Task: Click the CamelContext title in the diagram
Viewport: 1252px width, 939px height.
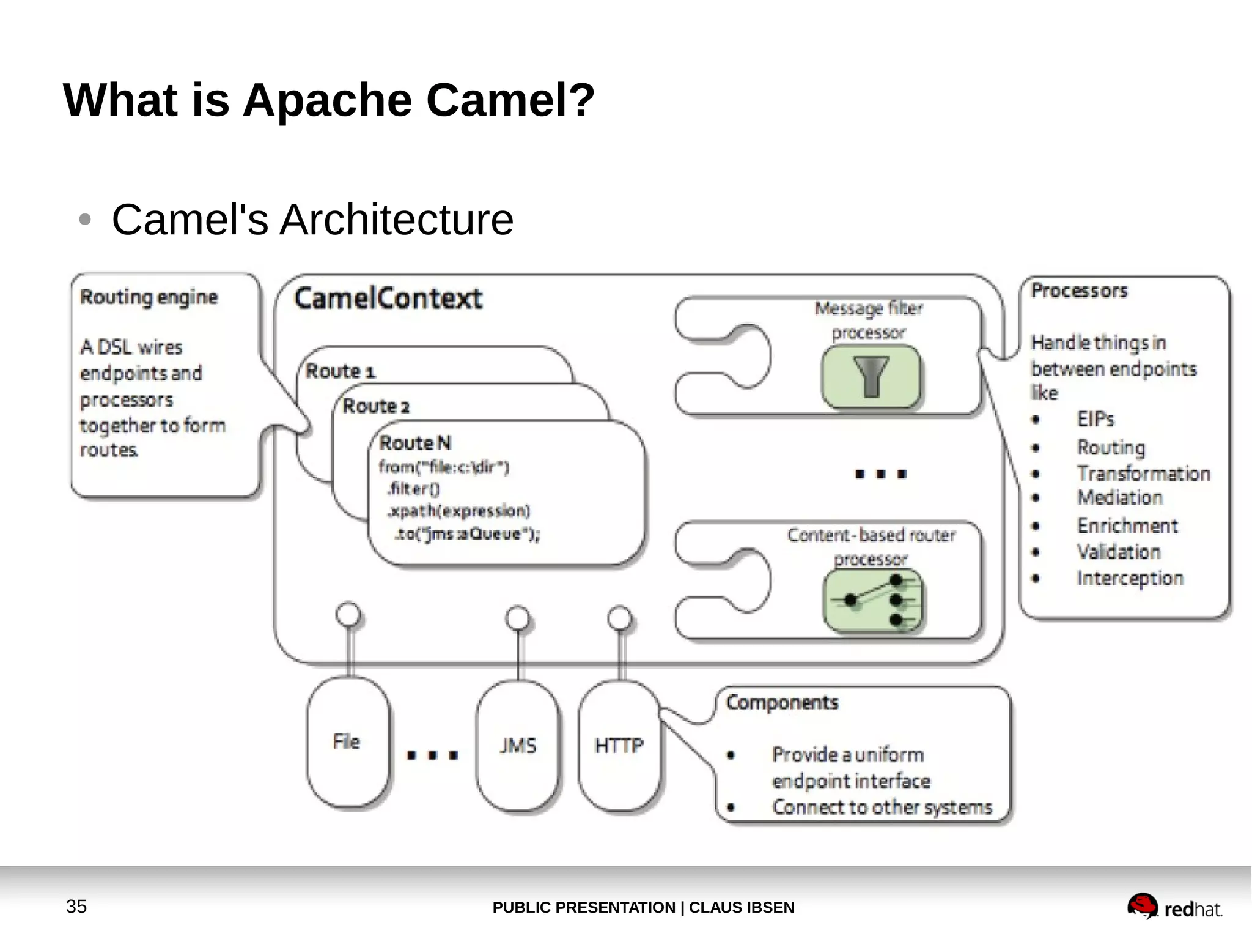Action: click(388, 299)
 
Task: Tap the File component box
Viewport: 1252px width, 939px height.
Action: click(347, 742)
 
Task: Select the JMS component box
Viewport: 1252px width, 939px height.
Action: click(518, 746)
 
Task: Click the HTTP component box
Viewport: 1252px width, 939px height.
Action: click(619, 746)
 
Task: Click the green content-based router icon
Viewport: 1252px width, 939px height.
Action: click(873, 600)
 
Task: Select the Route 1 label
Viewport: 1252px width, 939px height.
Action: click(341, 371)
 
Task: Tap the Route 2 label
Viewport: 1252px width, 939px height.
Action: click(376, 406)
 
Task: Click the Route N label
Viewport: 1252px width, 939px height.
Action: click(415, 443)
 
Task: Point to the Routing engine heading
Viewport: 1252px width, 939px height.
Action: click(149, 297)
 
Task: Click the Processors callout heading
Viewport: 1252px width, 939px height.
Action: click(1079, 291)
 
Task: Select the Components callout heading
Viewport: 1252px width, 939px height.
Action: click(782, 702)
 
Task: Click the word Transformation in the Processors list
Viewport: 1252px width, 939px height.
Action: click(1143, 473)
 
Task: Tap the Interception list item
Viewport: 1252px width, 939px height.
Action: click(1130, 578)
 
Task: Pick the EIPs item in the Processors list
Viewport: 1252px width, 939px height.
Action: click(1095, 419)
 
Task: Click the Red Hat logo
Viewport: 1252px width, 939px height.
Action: click(1174, 907)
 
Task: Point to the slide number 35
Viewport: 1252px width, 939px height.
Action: click(76, 907)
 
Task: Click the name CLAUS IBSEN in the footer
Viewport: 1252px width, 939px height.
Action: click(742, 907)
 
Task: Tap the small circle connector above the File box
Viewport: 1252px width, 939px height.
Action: click(348, 614)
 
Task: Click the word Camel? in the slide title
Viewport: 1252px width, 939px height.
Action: click(510, 100)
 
